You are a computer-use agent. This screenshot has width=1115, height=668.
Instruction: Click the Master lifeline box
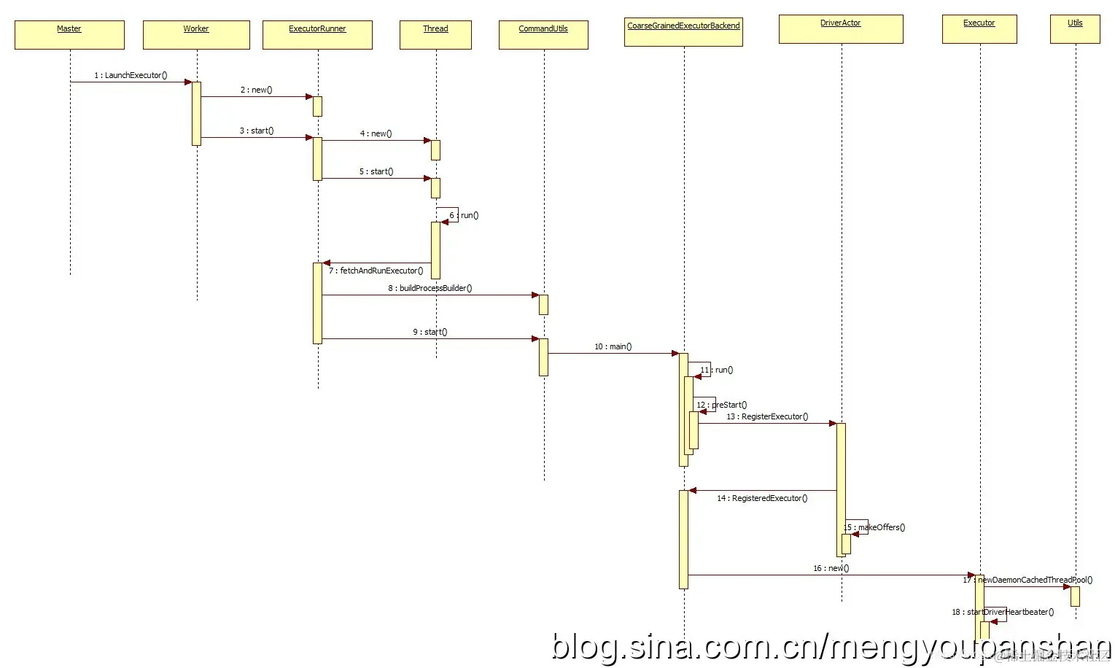[69, 34]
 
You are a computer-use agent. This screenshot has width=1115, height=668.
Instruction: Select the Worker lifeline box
[196, 34]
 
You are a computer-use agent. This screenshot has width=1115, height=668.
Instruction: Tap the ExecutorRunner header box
[317, 34]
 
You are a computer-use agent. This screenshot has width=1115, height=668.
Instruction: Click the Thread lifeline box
[435, 34]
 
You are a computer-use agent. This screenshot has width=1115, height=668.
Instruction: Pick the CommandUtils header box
[543, 34]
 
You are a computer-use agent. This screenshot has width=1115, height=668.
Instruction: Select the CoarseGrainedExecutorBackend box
[683, 31]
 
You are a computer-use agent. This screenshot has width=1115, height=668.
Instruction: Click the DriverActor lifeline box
[841, 28]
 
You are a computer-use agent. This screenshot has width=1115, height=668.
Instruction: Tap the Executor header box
[979, 28]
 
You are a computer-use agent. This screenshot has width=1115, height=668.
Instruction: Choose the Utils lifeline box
[1075, 28]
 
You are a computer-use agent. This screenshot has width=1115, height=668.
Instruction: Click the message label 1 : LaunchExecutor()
[131, 75]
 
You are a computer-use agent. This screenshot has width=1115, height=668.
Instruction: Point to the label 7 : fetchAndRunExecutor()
[376, 271]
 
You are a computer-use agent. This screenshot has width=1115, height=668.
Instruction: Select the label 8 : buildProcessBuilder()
[430, 288]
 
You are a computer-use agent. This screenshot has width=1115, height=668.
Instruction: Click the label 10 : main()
[613, 346]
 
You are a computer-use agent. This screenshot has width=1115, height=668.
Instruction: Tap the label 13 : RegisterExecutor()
[767, 416]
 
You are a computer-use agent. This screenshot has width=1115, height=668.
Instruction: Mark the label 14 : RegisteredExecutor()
[762, 498]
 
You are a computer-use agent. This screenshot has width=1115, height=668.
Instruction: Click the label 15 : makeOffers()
[874, 527]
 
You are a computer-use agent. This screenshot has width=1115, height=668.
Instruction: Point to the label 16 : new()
[831, 568]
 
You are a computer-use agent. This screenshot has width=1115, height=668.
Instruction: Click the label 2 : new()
[257, 90]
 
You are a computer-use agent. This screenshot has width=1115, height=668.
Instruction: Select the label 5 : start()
[376, 171]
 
